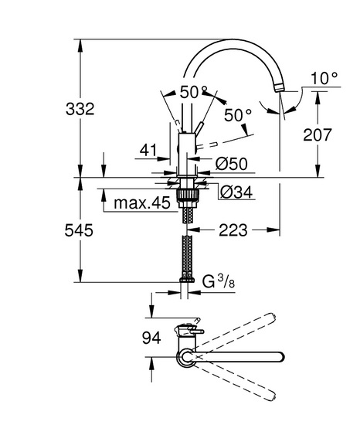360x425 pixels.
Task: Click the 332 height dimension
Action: point(80,109)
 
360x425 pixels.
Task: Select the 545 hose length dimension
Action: point(79,230)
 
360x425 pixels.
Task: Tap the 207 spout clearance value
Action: point(318,134)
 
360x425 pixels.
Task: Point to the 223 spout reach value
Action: point(233,230)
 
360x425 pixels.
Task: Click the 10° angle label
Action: point(324,79)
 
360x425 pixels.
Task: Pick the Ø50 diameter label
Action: point(232,164)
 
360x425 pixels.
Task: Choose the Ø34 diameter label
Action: point(236,192)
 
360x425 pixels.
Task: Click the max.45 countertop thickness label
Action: point(142,202)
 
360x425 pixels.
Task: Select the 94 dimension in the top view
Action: point(151,338)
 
